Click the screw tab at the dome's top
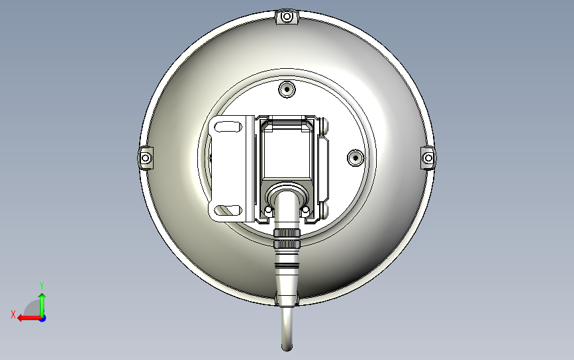click(x=287, y=17)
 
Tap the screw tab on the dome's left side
click(x=145, y=157)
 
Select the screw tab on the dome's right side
click(x=428, y=157)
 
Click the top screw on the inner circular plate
click(x=287, y=89)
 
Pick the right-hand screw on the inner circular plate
click(x=356, y=157)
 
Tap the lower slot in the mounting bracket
click(x=228, y=210)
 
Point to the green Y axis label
click(x=42, y=285)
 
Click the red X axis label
click(x=13, y=315)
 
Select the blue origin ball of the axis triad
click(x=42, y=318)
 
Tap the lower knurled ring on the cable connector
click(x=287, y=245)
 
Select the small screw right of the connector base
click(x=307, y=210)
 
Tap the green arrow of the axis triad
click(x=42, y=301)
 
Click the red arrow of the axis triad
click(x=26, y=318)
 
